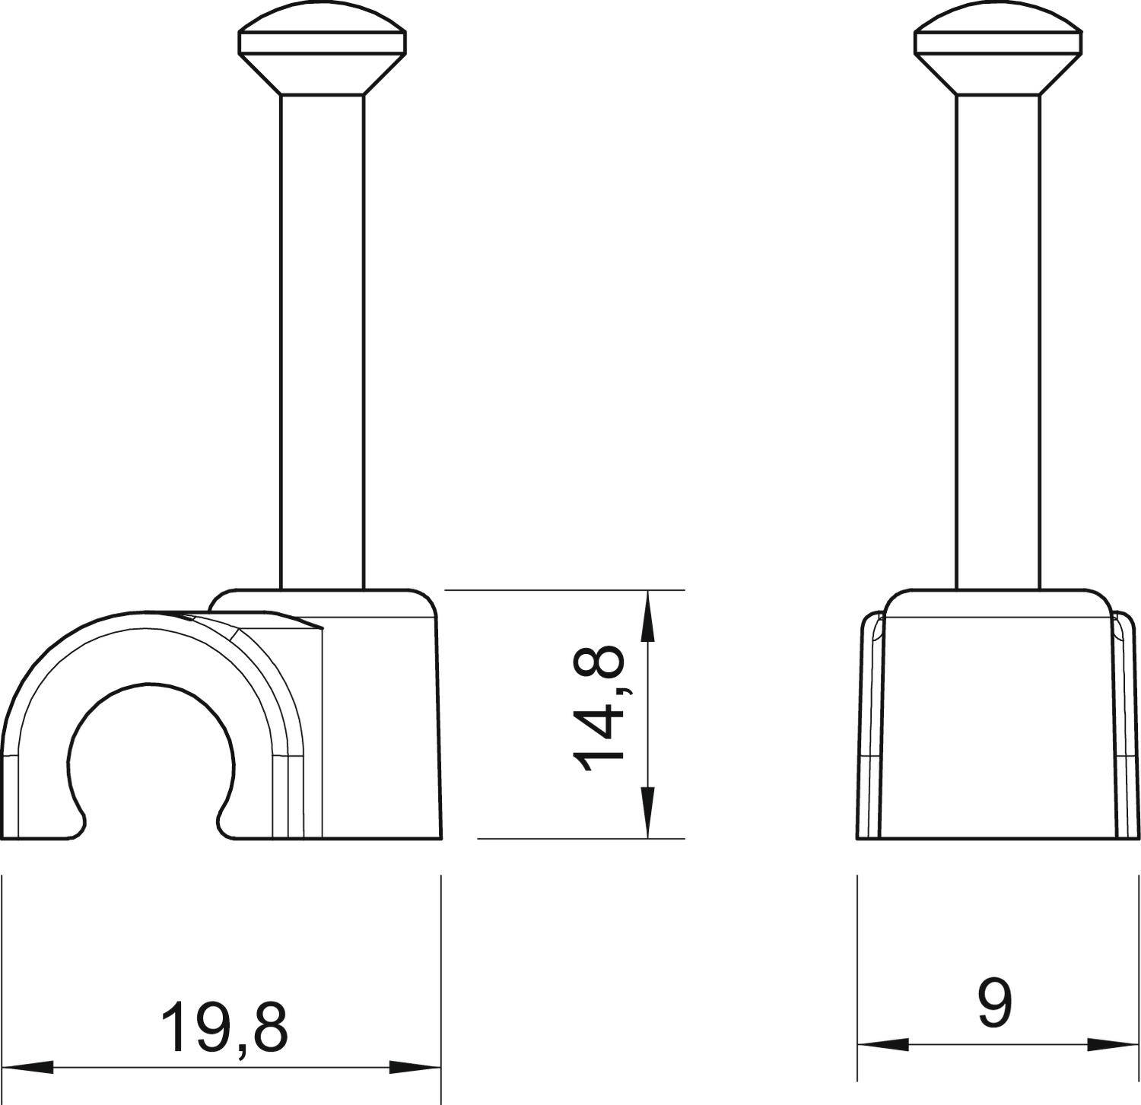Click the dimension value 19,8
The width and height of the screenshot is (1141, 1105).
(x=225, y=1027)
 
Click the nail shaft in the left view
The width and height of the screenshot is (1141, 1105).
(x=323, y=342)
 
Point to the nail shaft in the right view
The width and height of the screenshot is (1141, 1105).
(x=997, y=342)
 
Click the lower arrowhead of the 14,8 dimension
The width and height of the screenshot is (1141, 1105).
(x=647, y=813)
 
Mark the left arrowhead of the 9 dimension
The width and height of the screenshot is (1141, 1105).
(x=882, y=1044)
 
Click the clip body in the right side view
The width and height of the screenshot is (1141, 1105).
(x=997, y=722)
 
